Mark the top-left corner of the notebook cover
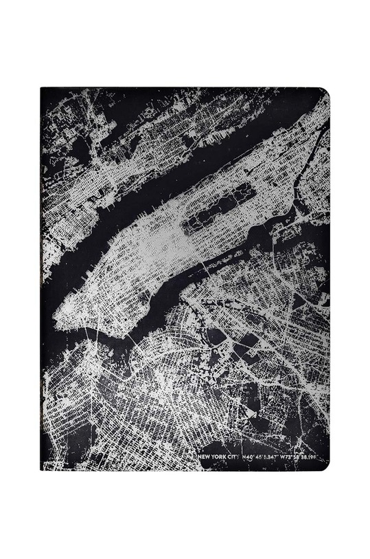(x=42, y=89)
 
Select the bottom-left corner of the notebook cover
(x=42, y=469)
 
